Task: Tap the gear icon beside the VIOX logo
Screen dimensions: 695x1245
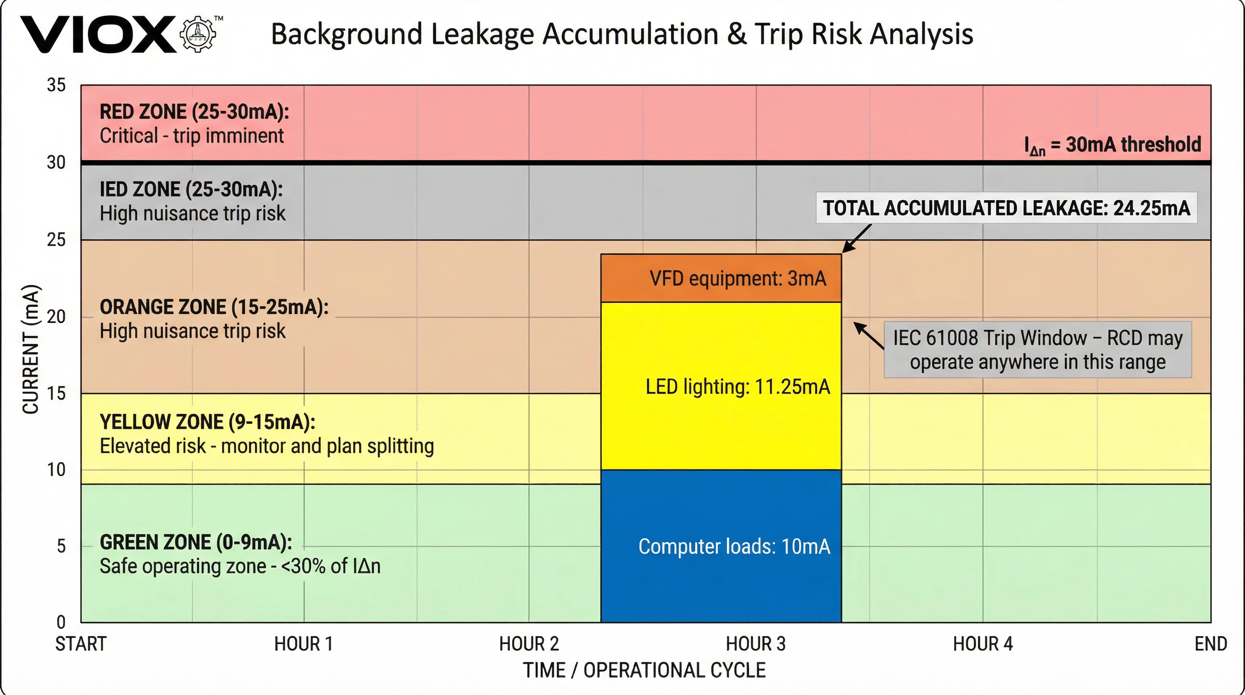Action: pos(198,34)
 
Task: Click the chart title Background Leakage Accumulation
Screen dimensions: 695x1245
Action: pos(622,34)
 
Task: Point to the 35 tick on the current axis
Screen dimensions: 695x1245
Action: pos(56,85)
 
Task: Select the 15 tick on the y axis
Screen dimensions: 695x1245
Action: pos(56,393)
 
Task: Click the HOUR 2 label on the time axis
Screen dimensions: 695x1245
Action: pos(529,644)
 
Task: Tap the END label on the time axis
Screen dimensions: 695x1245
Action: pos(1210,644)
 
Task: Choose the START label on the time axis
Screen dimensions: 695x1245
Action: pos(81,644)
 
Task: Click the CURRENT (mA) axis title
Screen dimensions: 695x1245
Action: pos(30,349)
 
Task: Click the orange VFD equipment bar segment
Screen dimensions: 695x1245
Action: pos(721,278)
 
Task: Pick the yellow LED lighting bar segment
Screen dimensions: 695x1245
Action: pos(721,387)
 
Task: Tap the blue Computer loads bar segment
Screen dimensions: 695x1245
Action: pos(721,546)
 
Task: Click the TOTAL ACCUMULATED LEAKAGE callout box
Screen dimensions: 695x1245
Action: pos(1006,208)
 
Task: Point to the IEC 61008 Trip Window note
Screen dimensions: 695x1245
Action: pos(1037,349)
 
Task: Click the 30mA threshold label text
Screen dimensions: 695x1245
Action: pos(1112,144)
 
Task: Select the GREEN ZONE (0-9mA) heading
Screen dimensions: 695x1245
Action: pos(196,542)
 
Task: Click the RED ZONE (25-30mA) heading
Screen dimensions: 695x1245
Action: pos(194,112)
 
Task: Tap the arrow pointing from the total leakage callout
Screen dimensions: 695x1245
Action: pos(856,238)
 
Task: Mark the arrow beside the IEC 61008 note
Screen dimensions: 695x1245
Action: pos(869,335)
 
